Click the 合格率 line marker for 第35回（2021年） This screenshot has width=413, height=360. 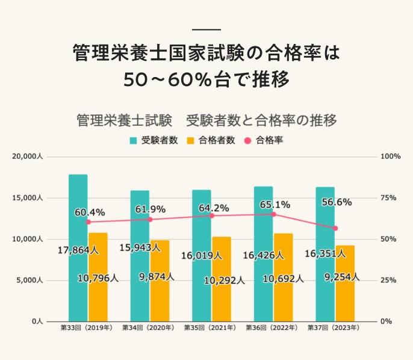[211, 216]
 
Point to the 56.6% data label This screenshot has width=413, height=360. [337, 202]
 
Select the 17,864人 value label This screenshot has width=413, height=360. [78, 250]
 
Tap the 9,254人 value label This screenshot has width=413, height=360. [341, 277]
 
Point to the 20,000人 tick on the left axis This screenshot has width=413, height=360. [26, 157]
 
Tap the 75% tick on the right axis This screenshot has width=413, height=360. [390, 198]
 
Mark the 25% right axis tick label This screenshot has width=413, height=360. [390, 281]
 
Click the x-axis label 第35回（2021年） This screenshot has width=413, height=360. [210, 329]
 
